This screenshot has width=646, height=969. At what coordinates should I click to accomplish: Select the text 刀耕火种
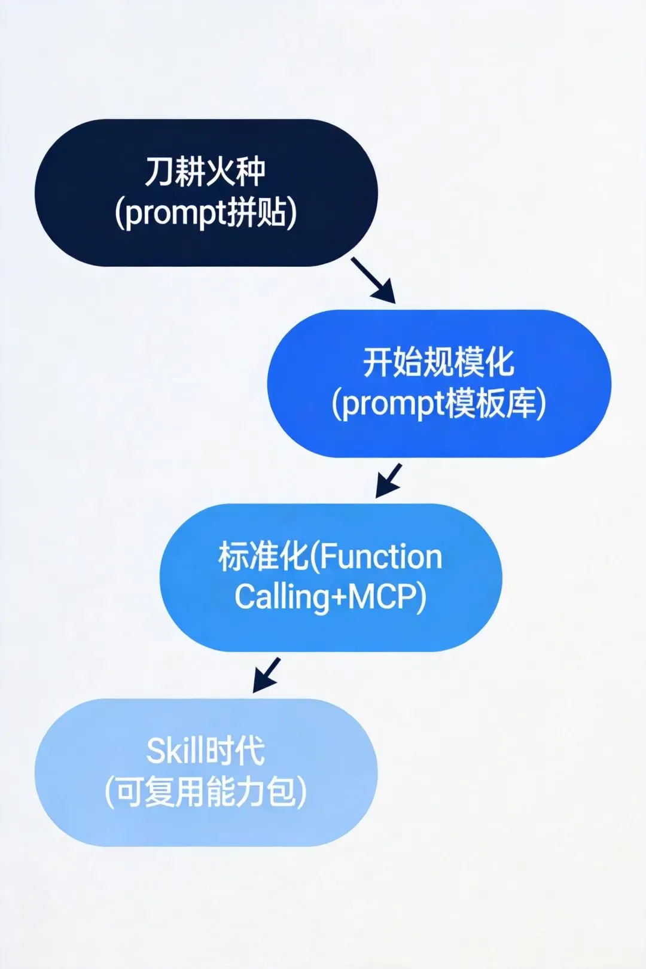point(205,172)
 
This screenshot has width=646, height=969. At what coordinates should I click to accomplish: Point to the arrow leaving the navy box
point(373,279)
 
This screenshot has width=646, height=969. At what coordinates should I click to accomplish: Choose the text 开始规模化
point(438,362)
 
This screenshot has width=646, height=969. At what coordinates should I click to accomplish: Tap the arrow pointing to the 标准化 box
point(388,480)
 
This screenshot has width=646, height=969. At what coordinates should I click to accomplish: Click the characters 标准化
point(263,556)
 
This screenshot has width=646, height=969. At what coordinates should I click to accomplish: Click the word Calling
point(281,597)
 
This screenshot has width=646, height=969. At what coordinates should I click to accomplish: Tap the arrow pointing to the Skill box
point(266,675)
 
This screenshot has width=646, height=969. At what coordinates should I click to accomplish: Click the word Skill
point(174,751)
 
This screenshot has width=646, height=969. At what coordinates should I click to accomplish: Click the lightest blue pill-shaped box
point(78,772)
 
